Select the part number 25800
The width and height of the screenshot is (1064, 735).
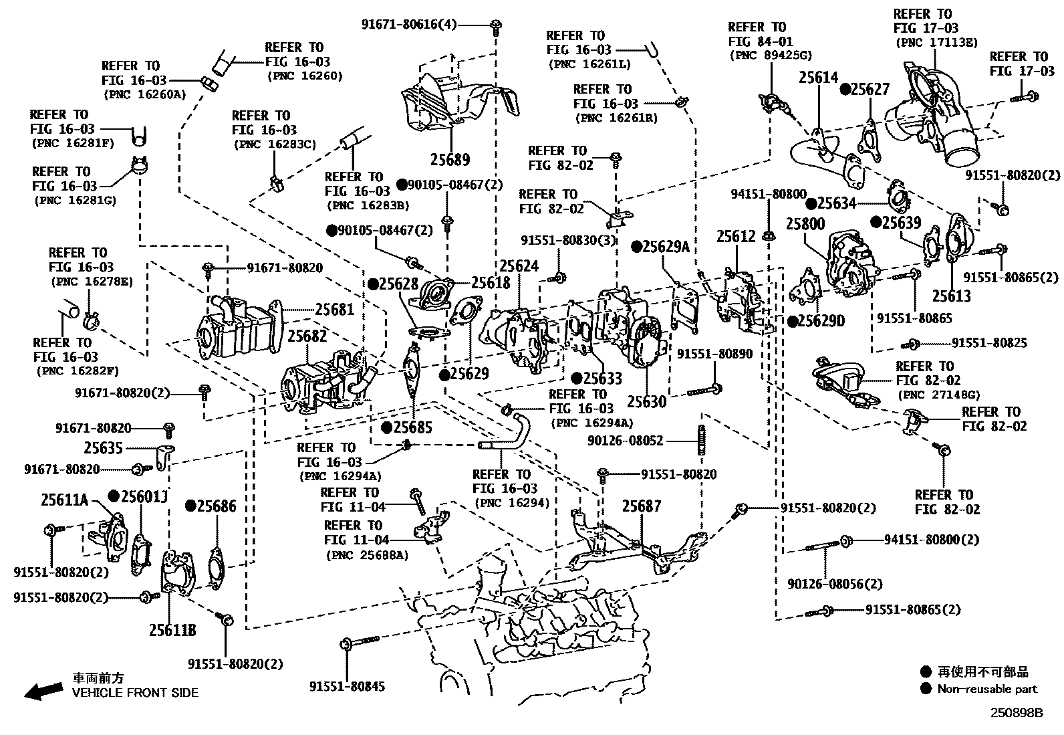(805, 223)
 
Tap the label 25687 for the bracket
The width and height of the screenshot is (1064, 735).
(642, 506)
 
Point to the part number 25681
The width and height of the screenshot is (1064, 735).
(334, 309)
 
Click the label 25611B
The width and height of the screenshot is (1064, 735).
(172, 630)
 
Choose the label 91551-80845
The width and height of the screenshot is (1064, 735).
(347, 686)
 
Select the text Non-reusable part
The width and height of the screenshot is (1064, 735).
(987, 689)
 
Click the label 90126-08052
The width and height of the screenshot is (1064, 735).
(626, 441)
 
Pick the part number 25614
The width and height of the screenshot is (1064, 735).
(817, 78)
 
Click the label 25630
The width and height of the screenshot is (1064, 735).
(646, 402)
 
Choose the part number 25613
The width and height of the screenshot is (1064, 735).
(952, 296)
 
